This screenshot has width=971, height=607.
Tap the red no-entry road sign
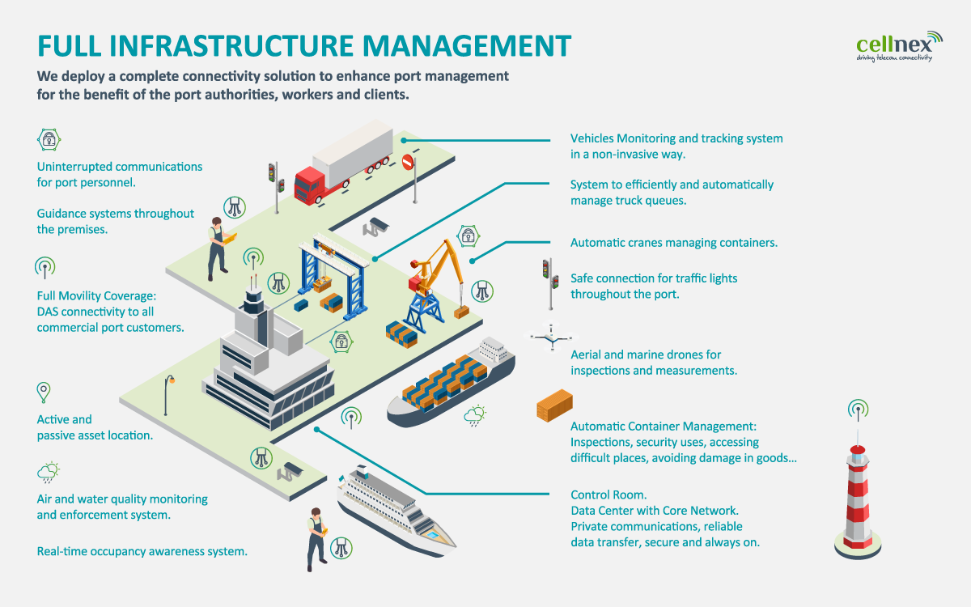coord(408,162)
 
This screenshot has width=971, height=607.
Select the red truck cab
coord(309,185)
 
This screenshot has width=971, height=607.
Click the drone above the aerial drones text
coord(551,337)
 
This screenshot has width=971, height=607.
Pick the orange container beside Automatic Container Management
coord(554,405)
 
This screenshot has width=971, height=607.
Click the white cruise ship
coord(396,511)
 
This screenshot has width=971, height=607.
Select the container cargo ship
coord(451,381)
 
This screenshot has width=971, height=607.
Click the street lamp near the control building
coord(168,395)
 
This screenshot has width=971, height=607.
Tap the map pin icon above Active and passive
coord(44,393)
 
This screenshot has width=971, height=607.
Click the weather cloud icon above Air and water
coord(48,472)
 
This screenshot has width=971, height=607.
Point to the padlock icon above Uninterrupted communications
coord(49,139)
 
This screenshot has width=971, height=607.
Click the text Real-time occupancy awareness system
coord(142,551)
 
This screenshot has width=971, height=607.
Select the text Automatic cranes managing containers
coord(674,242)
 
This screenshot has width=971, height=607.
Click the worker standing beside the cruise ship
coord(317,540)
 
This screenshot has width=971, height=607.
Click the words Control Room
coord(608,495)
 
